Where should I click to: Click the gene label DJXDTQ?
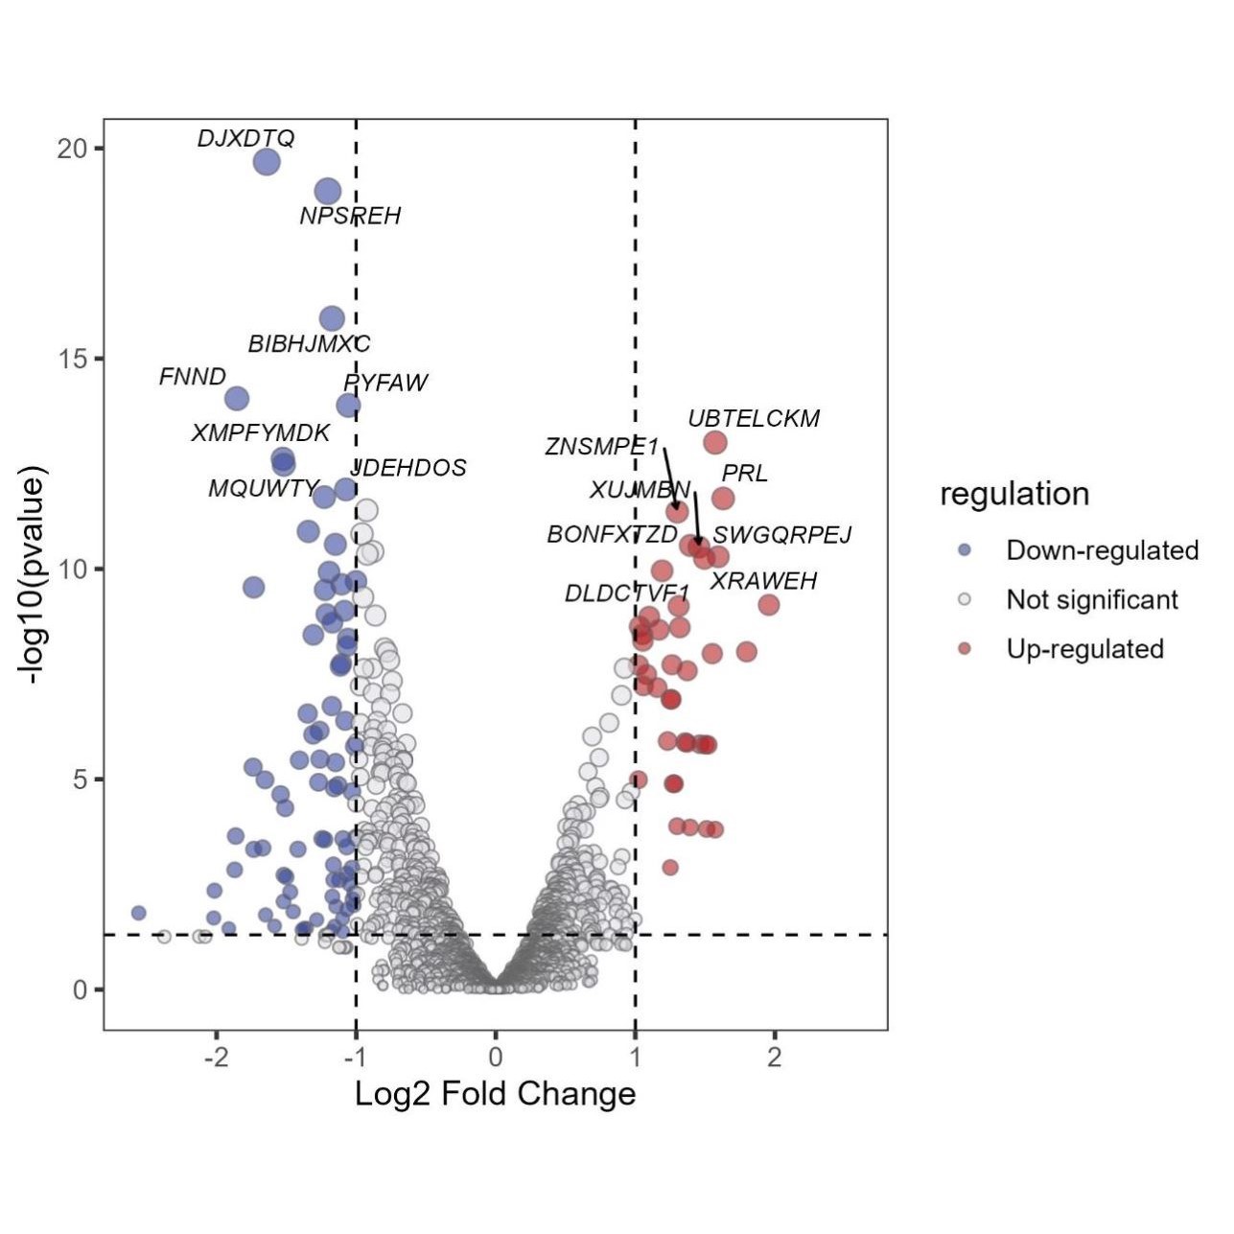[245, 139]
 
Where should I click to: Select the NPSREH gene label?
[350, 217]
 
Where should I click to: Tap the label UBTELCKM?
[754, 419]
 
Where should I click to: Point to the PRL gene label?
[744, 474]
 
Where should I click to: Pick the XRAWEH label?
[763, 581]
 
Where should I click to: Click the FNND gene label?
[192, 377]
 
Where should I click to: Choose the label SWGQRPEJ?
[781, 535]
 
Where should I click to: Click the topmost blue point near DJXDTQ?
[266, 162]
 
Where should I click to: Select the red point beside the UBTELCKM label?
[714, 442]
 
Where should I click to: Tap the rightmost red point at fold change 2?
[768, 605]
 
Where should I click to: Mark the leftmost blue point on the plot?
[138, 913]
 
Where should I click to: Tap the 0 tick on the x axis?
[495, 1058]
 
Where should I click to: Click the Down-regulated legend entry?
[1102, 550]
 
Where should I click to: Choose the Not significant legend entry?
[1091, 600]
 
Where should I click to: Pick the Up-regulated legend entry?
[1084, 649]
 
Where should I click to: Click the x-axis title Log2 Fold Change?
[495, 1094]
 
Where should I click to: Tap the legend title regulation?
[1014, 495]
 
